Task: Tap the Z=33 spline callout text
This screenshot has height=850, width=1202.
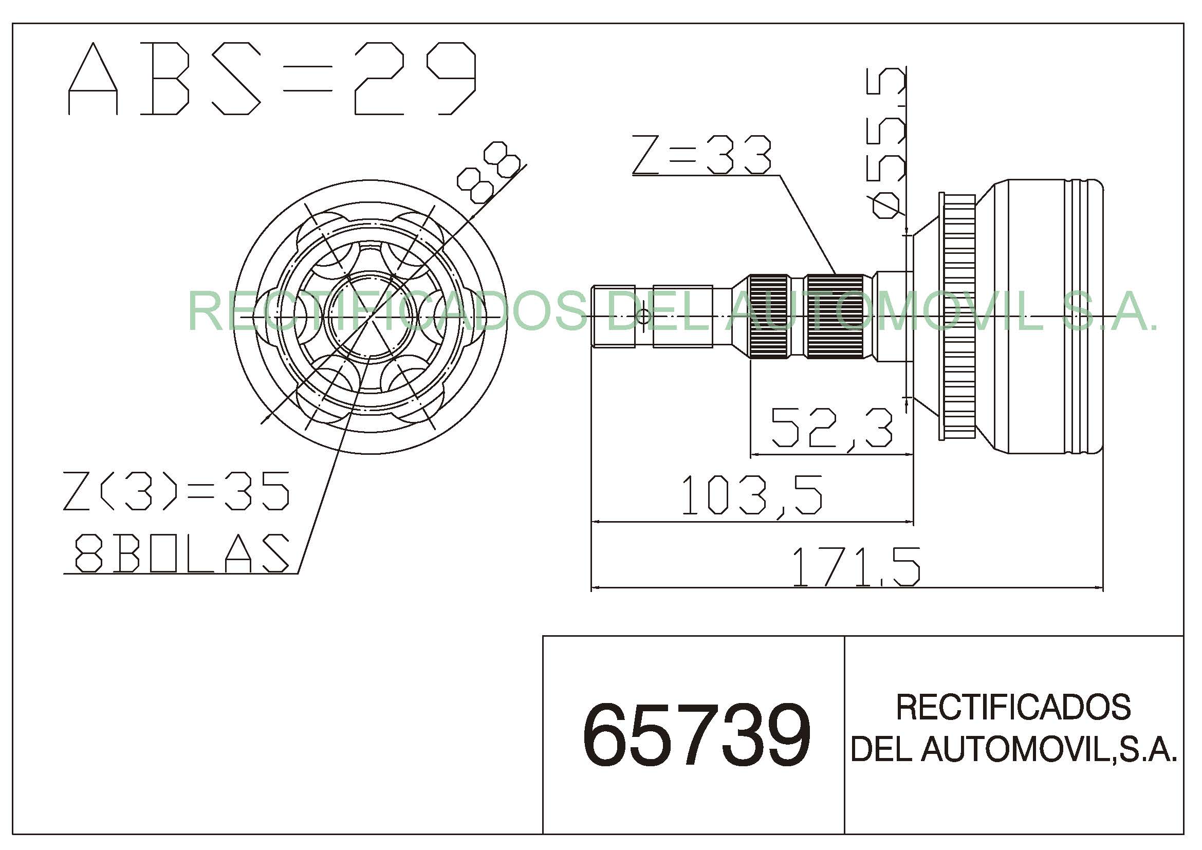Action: pos(701,155)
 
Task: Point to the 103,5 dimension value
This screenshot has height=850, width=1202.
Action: pos(752,495)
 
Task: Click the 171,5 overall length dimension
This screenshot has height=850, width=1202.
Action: pos(856,567)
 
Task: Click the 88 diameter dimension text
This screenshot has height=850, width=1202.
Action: pos(488,172)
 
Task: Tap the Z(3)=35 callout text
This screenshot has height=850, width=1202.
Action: pos(176,491)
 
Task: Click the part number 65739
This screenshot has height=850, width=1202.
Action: pos(696,735)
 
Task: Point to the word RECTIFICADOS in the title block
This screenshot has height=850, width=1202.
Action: pos(1013,708)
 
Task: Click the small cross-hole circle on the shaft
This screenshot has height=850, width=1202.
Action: pos(643,316)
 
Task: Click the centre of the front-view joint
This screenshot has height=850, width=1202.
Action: pos(370,316)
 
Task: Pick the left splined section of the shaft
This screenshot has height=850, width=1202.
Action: pos(768,316)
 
